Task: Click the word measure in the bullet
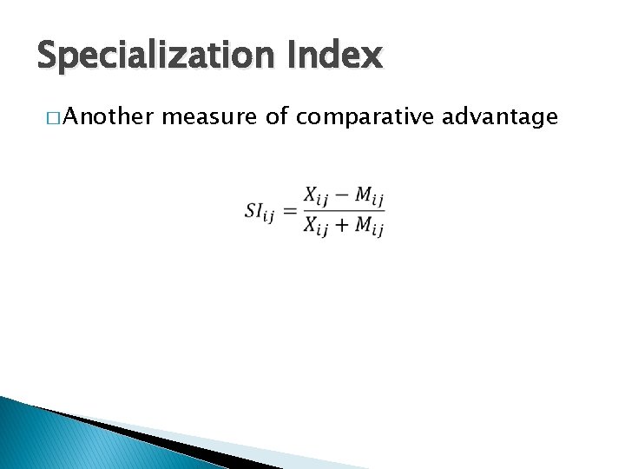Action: [x=209, y=118]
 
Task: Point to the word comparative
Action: [x=364, y=118]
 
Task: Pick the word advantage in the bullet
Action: [x=499, y=118]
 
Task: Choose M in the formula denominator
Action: [x=364, y=225]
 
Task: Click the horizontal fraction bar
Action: [x=344, y=210]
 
